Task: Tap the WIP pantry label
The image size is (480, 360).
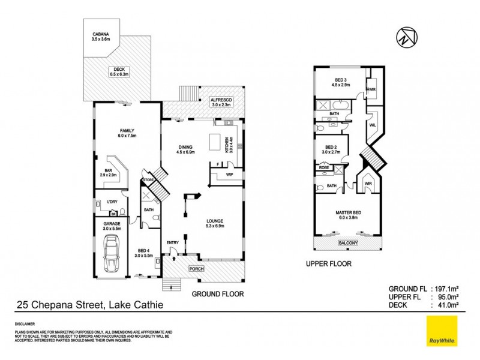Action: [x=230, y=175]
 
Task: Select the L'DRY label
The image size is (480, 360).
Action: [x=112, y=202]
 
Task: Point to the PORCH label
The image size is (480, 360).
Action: [x=196, y=269]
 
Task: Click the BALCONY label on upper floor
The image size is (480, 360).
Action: [x=348, y=243]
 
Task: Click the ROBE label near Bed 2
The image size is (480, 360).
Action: [x=324, y=167]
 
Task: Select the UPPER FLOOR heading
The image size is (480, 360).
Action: [x=329, y=263]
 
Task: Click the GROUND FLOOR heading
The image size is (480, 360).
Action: [x=217, y=294]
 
